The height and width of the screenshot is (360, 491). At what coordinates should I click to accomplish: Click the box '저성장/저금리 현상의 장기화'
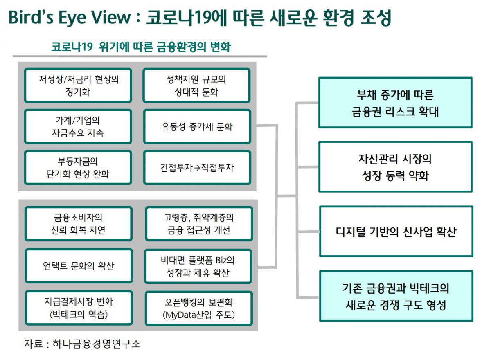point(78,85)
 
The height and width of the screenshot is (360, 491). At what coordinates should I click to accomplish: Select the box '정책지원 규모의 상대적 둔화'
point(196,85)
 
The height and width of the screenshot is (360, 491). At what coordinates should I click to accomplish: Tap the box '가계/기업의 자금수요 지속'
point(78,126)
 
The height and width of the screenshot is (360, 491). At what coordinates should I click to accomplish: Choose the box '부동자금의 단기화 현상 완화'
point(78,167)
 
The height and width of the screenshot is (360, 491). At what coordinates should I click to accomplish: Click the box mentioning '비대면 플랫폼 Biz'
point(198,265)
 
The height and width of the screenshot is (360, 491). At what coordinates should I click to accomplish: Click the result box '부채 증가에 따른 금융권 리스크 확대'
point(395,103)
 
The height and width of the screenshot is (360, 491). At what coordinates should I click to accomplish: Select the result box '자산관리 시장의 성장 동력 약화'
point(395,167)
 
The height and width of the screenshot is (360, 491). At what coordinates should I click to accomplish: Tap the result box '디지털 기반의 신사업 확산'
point(395,232)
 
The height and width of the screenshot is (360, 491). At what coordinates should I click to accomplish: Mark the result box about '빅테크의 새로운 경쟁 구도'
point(395,296)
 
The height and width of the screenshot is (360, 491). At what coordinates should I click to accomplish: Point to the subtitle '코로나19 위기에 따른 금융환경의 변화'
point(141,47)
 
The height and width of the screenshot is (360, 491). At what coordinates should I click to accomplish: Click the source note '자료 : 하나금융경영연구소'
point(82,343)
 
